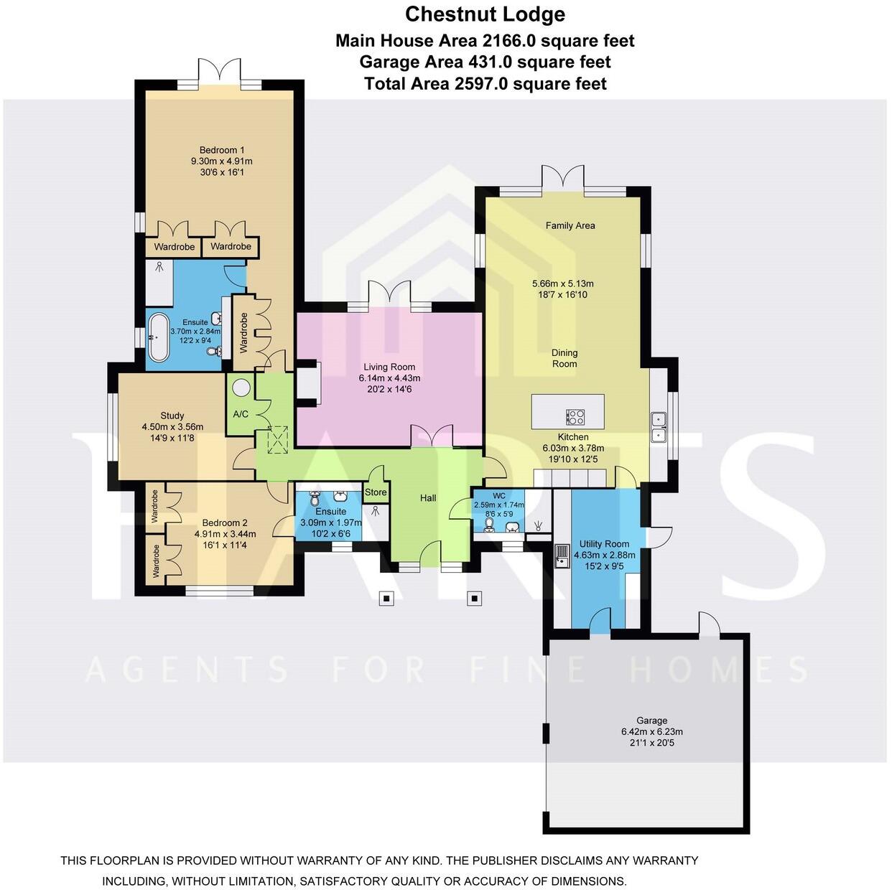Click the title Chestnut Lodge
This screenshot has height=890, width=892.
(485, 14)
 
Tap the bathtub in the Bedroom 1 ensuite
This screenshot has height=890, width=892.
(157, 337)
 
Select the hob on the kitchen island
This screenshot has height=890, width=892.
(575, 417)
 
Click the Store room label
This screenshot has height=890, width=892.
(376, 492)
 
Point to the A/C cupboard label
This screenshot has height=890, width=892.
(241, 414)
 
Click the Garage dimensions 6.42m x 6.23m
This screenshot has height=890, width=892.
(651, 732)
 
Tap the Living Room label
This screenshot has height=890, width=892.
(389, 367)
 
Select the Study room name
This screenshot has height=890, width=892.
(172, 416)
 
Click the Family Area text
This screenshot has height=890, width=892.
(570, 225)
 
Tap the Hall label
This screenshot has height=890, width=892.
(428, 498)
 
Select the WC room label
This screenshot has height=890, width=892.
(499, 496)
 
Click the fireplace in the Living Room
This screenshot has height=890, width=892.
(309, 383)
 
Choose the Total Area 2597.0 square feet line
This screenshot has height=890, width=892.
(485, 84)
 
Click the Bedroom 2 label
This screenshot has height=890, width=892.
(225, 523)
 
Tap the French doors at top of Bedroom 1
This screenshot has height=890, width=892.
(219, 75)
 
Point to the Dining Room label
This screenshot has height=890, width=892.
(565, 358)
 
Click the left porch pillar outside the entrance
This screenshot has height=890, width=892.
(386, 598)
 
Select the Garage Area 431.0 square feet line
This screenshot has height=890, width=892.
(485, 62)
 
